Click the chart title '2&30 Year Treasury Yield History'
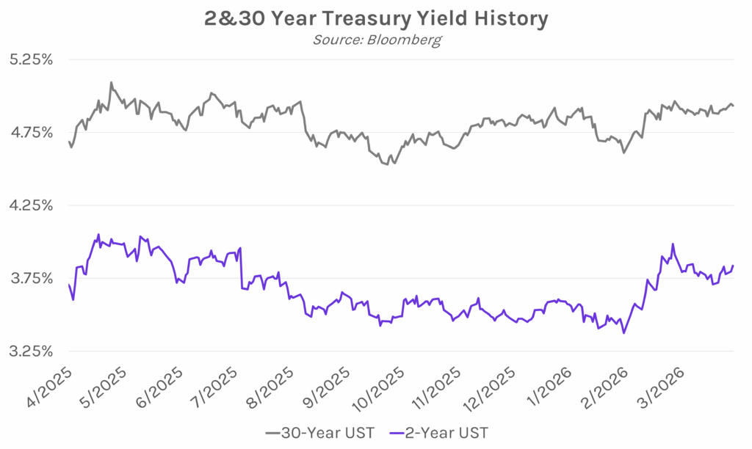click(x=375, y=18)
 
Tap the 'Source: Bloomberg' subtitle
click(x=376, y=40)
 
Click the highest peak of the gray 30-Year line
click(x=111, y=82)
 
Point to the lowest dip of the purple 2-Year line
click(x=624, y=333)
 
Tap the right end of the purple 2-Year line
click(x=733, y=266)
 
